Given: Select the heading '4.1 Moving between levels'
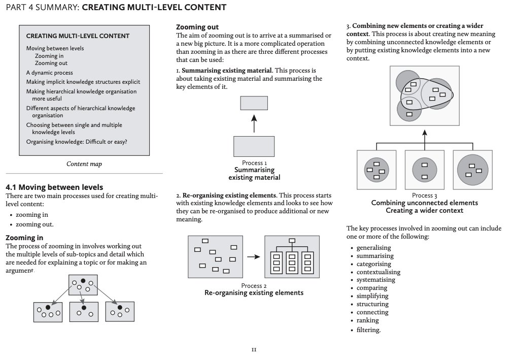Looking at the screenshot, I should pyautogui.click(x=54, y=187).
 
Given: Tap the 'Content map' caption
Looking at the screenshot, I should pyautogui.click(x=84, y=164).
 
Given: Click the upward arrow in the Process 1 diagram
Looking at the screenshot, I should pyautogui.click(x=254, y=123).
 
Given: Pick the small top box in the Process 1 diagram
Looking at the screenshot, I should pyautogui.click(x=254, y=103).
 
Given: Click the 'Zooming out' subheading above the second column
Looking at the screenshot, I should pyautogui.click(x=197, y=27).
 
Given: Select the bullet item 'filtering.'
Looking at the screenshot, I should pyautogui.click(x=368, y=330).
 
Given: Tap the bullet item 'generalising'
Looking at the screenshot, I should pyautogui.click(x=374, y=248).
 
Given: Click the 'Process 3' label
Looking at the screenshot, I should pyautogui.click(x=424, y=195).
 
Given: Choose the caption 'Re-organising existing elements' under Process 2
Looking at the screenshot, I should pyautogui.click(x=254, y=293).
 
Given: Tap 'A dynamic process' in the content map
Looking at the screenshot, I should pyautogui.click(x=50, y=73).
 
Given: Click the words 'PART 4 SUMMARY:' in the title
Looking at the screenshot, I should pyautogui.click(x=42, y=8).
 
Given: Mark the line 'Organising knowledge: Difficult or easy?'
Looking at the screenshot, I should pyautogui.click(x=77, y=142).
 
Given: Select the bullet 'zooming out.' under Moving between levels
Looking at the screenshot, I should pyautogui.click(x=35, y=224).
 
